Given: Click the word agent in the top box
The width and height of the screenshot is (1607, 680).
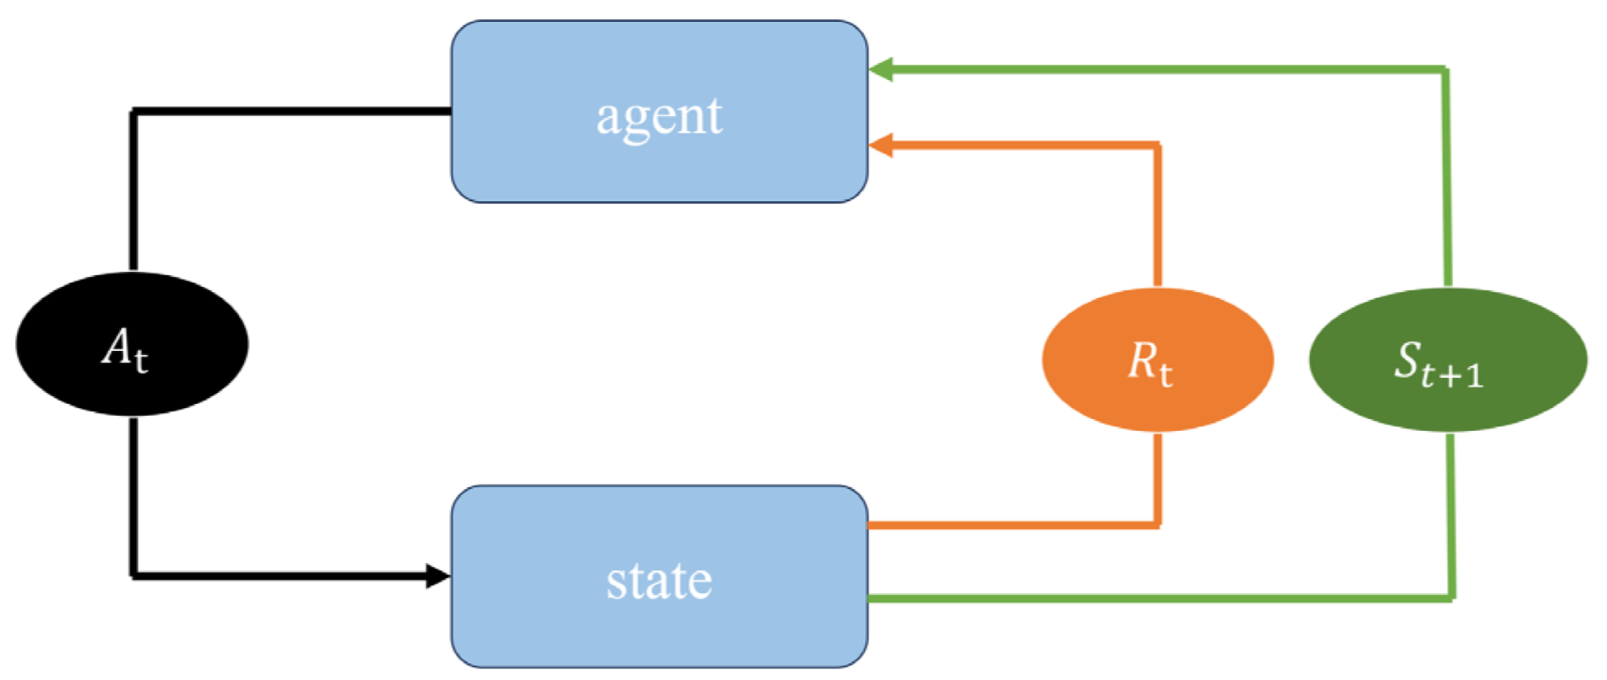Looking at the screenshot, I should click(659, 116).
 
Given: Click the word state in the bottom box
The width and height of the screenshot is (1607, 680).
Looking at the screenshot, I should click(659, 581).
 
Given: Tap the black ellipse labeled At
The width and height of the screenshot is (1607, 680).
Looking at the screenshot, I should click(132, 343).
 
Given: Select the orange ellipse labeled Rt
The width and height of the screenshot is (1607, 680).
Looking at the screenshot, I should click(1158, 359).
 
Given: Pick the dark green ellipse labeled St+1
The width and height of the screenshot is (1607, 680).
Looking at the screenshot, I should click(1448, 359).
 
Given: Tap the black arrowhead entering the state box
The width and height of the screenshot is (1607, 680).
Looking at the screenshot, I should click(438, 576).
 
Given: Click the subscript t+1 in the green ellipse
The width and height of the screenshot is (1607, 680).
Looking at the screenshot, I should click(1453, 375).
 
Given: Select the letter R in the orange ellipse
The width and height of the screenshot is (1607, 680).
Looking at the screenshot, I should click(1143, 359).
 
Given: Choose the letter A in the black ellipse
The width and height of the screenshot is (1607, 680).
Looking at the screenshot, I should click(117, 345).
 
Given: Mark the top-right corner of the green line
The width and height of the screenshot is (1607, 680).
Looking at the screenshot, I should click(1446, 71).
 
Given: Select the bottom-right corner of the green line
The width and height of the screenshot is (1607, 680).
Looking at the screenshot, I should click(1451, 598).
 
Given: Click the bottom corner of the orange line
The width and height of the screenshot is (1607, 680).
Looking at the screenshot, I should click(1158, 525).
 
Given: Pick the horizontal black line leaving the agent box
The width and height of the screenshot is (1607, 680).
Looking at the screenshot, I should click(294, 111).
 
